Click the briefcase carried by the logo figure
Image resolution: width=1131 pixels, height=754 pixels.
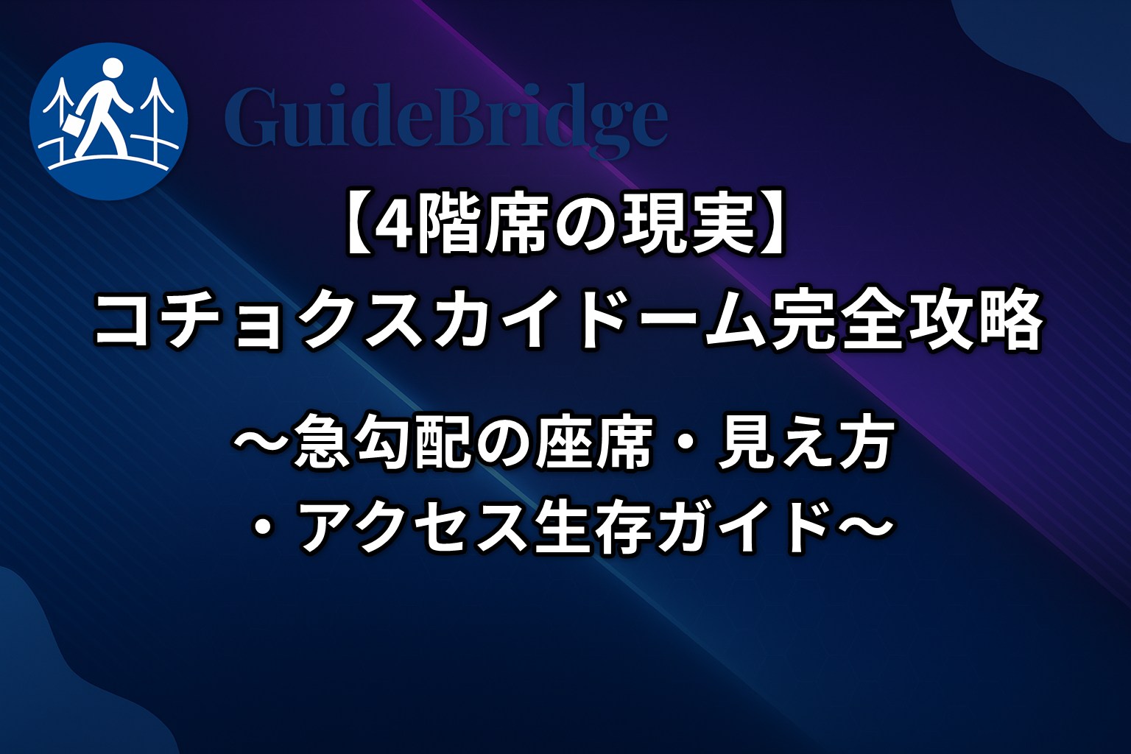[x=74, y=123]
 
